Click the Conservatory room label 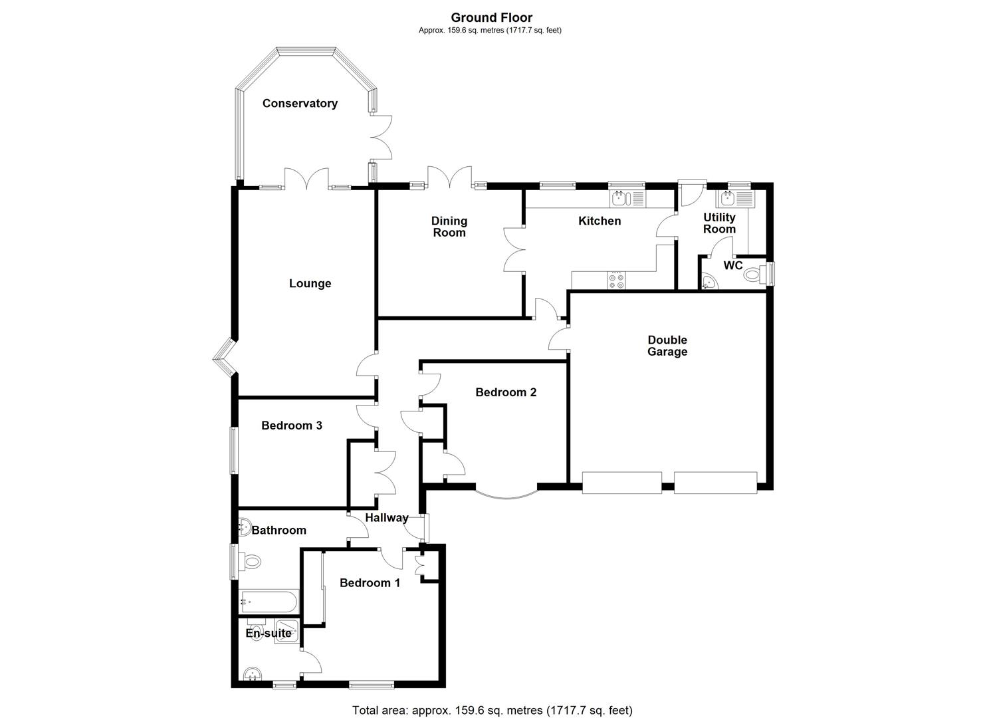click(300, 103)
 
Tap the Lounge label click(310, 283)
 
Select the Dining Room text click(449, 227)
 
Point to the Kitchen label click(600, 221)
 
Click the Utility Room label click(719, 223)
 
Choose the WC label click(732, 265)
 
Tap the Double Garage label click(667, 346)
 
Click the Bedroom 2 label click(506, 392)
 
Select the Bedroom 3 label click(292, 425)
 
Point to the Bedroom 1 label click(370, 583)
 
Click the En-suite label click(269, 633)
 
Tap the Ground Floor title click(491, 18)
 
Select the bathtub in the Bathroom click(269, 603)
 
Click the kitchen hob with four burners click(616, 281)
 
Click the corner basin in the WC click(709, 283)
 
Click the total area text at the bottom click(492, 710)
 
